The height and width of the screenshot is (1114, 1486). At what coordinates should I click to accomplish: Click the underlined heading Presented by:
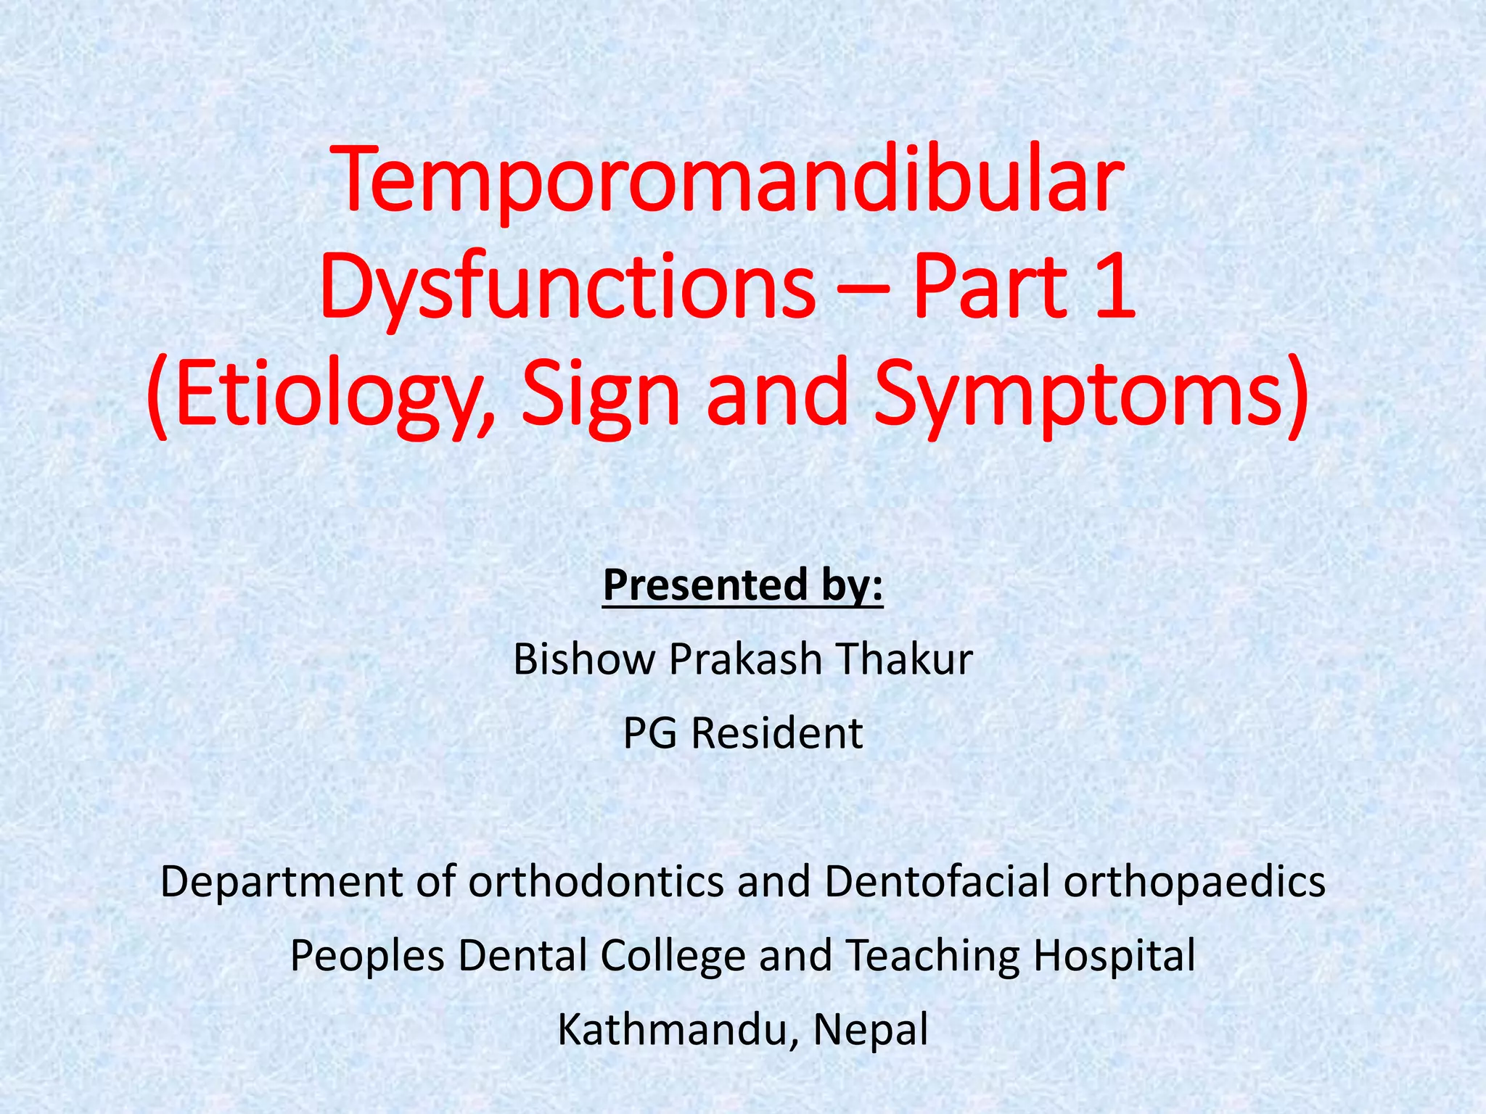[x=743, y=585]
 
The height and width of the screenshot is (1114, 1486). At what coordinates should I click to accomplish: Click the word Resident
[x=776, y=734]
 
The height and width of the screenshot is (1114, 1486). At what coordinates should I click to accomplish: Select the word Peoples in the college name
[x=367, y=956]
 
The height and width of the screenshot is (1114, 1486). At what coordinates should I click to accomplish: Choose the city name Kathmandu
[x=671, y=1030]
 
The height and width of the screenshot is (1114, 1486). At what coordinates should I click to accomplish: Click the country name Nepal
[x=871, y=1030]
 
